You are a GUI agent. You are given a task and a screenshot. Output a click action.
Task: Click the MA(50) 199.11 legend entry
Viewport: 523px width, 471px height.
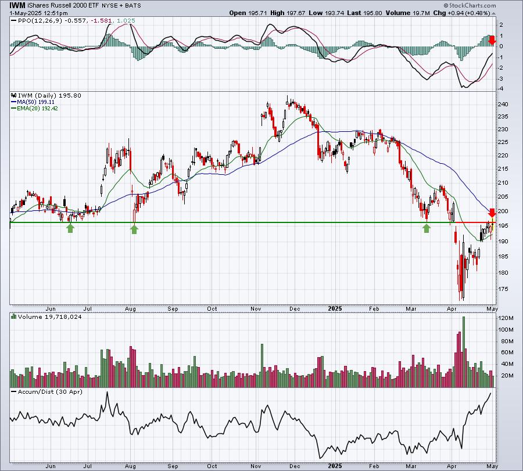pyautogui.click(x=33, y=102)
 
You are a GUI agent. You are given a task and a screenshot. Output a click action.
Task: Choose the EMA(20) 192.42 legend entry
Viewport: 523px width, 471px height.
pyautogui.click(x=35, y=109)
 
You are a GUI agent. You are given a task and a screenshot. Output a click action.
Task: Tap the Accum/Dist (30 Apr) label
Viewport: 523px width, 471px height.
pyautogui.click(x=50, y=391)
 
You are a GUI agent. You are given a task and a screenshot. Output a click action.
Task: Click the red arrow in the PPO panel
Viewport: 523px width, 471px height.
pyautogui.click(x=492, y=40)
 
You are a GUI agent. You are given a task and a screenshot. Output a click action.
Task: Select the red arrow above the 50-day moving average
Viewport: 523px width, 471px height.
pyautogui.click(x=492, y=213)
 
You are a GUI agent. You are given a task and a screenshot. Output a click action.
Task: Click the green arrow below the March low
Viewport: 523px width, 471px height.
pyautogui.click(x=427, y=228)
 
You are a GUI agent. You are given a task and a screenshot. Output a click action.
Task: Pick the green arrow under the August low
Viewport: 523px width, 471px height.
pyautogui.click(x=134, y=229)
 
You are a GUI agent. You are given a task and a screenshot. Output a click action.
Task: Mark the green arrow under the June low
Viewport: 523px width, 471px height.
pyautogui.click(x=70, y=228)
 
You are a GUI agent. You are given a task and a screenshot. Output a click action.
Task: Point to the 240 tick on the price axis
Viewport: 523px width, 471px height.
pyautogui.click(x=504, y=105)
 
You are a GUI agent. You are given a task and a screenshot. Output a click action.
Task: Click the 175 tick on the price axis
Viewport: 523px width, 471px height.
pyautogui.click(x=504, y=289)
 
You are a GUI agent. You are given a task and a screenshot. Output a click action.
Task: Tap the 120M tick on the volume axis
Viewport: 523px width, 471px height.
pyautogui.click(x=506, y=318)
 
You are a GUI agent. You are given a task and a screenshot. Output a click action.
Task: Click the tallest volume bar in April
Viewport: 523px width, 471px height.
pyautogui.click(x=464, y=352)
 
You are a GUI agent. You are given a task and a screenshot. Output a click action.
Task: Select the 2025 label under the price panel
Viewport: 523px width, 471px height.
pyautogui.click(x=335, y=308)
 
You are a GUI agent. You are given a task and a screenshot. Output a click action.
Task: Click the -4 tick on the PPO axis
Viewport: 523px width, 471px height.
pyautogui.click(x=501, y=89)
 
